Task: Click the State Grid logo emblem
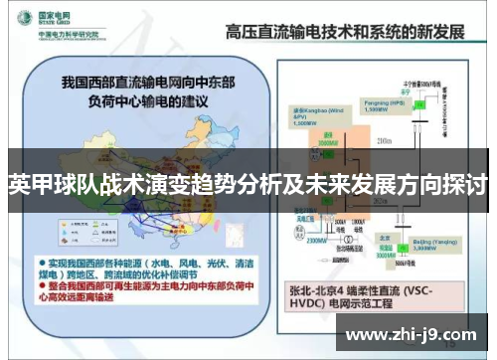point(20,18)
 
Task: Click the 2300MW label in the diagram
point(289,240)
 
